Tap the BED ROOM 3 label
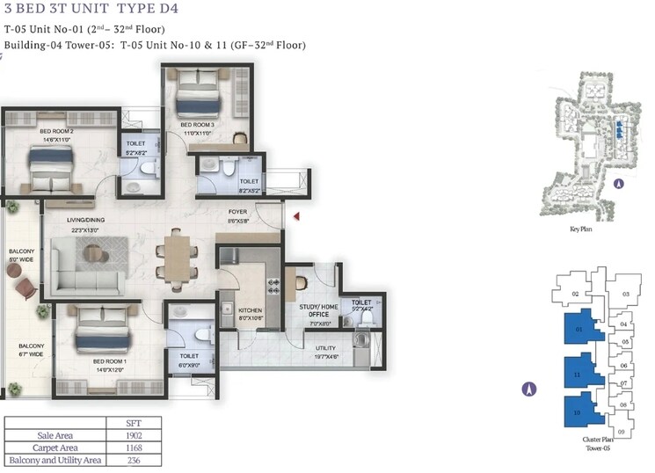[x=199, y=125]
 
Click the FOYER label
[x=237, y=212]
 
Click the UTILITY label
[x=325, y=348]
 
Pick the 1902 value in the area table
[x=130, y=434]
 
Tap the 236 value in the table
[x=130, y=459]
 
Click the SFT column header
[x=130, y=422]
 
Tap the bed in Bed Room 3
[x=198, y=94]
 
